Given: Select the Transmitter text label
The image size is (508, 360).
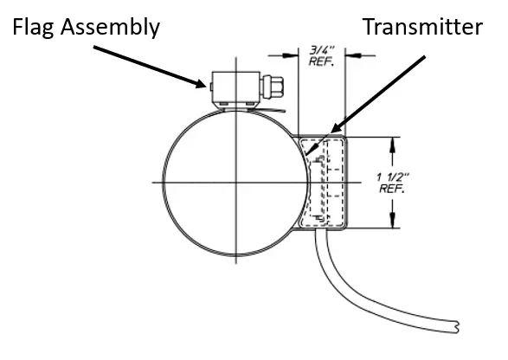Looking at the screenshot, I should point(421,27).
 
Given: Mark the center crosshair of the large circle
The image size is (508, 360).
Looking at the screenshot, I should point(235,182).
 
